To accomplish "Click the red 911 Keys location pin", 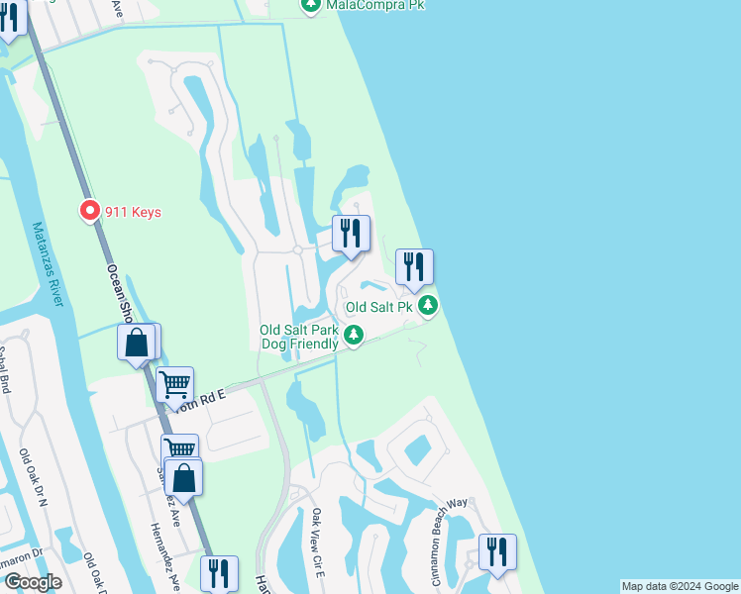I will click(89, 211).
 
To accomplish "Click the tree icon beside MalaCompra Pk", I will click(310, 6).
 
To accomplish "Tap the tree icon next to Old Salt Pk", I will click(427, 305).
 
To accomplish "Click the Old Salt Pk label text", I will click(377, 307).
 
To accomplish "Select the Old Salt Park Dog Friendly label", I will click(298, 337).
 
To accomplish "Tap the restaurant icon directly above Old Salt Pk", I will click(414, 266).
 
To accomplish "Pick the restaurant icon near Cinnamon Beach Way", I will click(497, 551).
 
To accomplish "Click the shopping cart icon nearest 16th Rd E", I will click(174, 383).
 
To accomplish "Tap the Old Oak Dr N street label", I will click(35, 480).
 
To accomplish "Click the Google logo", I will click(33, 582).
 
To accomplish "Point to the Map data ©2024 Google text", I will click(680, 586).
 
